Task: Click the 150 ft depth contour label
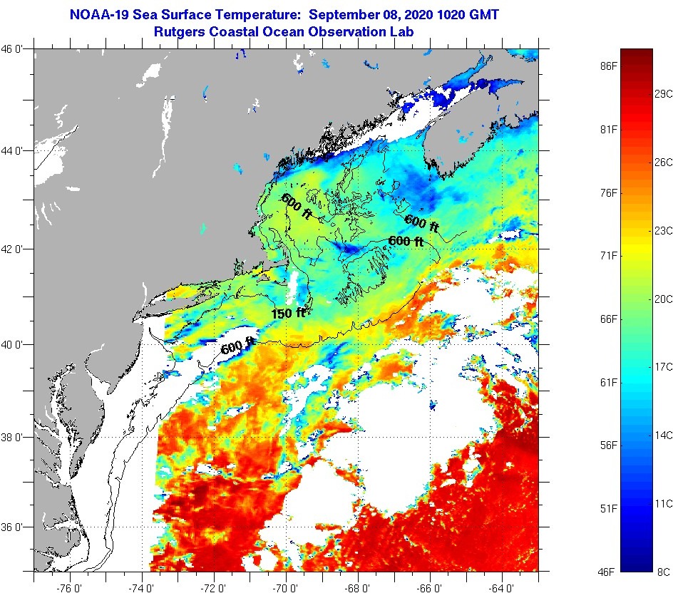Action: pos(288,312)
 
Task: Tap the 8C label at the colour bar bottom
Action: pos(663,572)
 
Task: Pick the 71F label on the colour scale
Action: pos(607,255)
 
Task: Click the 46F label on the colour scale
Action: pos(607,572)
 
